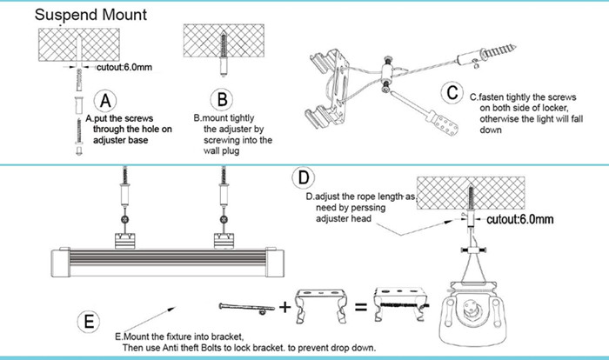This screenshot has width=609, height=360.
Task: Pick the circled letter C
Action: pos(452,91)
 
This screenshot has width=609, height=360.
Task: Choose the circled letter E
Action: pos(88,321)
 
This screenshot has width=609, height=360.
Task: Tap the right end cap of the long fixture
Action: pos(277,260)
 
